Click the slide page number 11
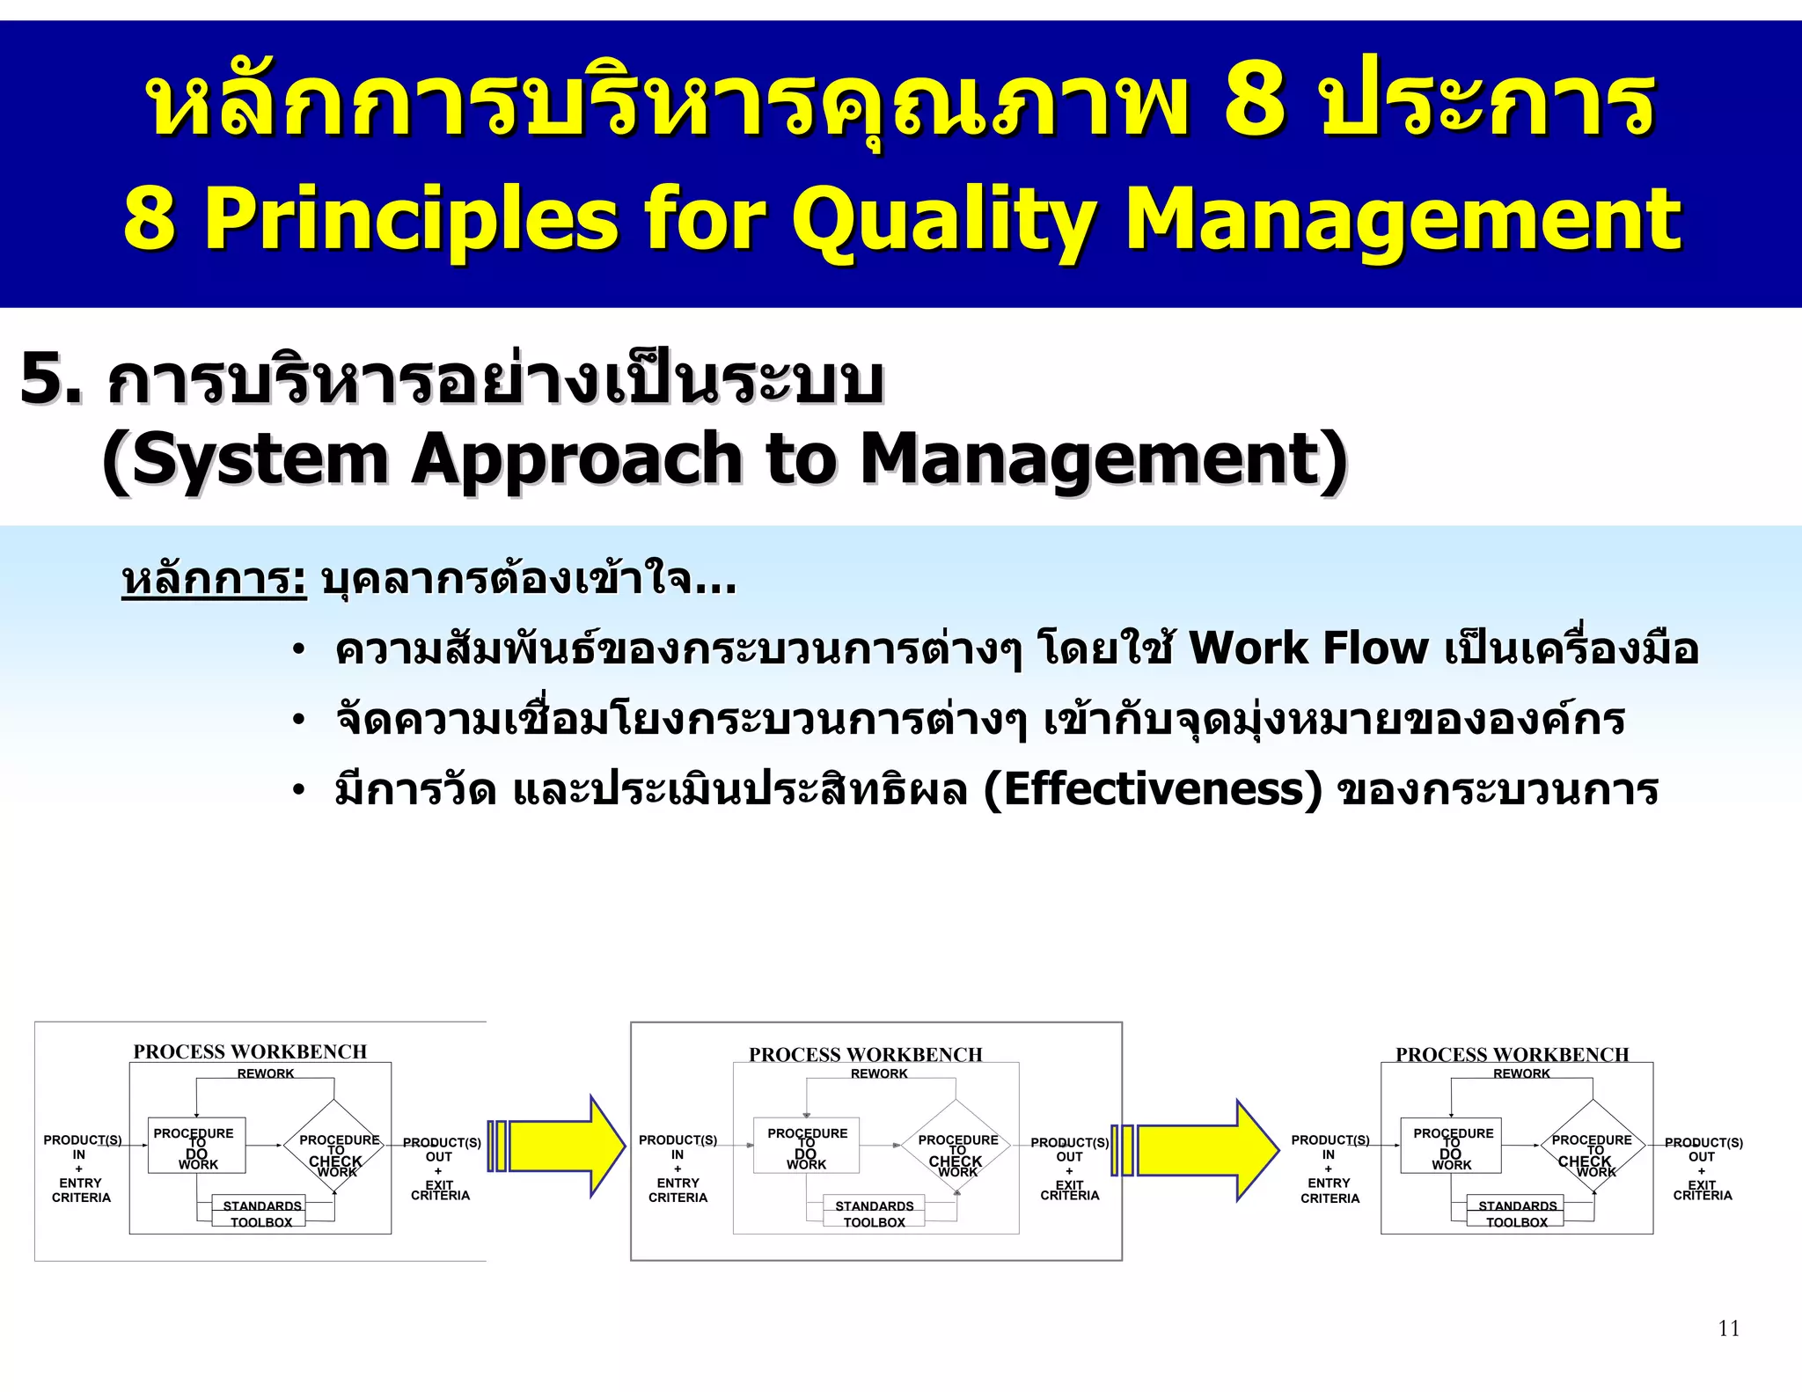click(x=1728, y=1328)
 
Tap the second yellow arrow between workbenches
click(x=1205, y=1150)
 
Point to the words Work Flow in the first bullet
click(x=1308, y=648)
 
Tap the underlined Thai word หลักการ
click(x=213, y=580)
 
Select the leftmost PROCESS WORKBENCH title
click(x=250, y=1051)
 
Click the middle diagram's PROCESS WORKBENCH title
click(x=866, y=1054)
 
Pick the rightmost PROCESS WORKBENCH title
click(x=1512, y=1054)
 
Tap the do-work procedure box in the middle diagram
click(x=806, y=1146)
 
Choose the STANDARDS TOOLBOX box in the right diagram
click(x=1517, y=1213)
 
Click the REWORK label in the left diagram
click(x=266, y=1073)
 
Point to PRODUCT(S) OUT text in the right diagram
click(x=1703, y=1149)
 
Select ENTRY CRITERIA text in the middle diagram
click(x=678, y=1191)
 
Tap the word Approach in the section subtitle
click(x=576, y=459)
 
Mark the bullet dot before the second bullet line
click(x=299, y=721)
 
